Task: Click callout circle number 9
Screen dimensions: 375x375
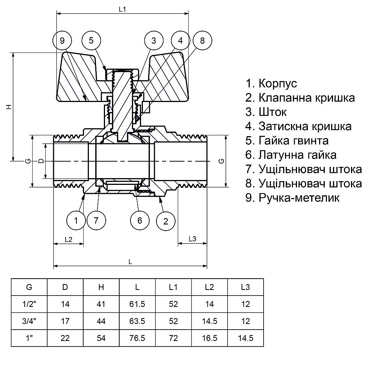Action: (x=62, y=40)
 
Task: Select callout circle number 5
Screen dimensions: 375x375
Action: (x=91, y=40)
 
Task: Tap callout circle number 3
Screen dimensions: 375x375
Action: (x=154, y=40)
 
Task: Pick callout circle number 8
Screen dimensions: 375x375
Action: (x=202, y=40)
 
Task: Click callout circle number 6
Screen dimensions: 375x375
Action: (x=139, y=220)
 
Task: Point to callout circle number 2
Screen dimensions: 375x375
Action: (x=165, y=220)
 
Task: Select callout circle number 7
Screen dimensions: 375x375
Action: (x=96, y=220)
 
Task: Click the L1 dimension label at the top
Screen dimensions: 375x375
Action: (x=122, y=10)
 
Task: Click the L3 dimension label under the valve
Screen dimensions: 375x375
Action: (x=192, y=239)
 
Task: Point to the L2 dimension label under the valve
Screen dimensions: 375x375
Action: (x=68, y=239)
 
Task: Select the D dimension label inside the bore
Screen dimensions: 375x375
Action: (x=41, y=161)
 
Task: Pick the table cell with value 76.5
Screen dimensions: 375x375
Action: (x=137, y=337)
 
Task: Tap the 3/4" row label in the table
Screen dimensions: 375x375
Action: (x=29, y=321)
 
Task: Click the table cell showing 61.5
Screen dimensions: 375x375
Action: (x=137, y=304)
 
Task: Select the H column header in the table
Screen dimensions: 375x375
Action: (x=101, y=288)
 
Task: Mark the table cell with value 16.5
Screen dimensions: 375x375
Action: (x=209, y=337)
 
